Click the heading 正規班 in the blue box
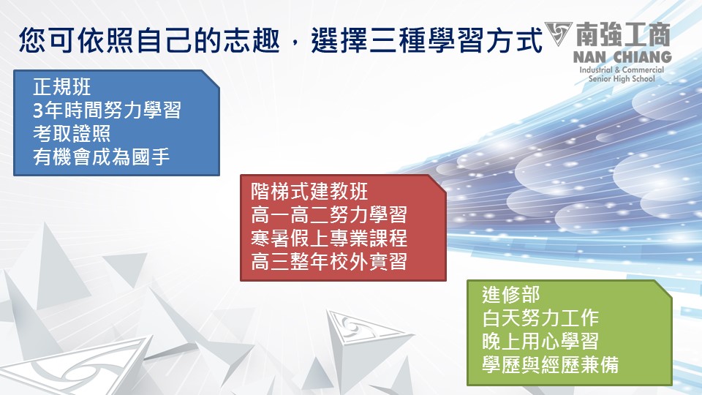point(61,87)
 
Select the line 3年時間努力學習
point(107,110)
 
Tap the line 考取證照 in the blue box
point(72,133)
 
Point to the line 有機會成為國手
point(101,157)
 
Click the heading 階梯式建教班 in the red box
point(309,192)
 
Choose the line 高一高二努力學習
point(329,215)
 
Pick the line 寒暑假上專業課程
point(329,238)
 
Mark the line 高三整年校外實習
point(329,262)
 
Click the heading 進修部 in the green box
point(511,295)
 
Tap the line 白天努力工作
point(540,318)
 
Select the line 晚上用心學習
point(540,342)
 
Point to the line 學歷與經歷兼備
point(550,364)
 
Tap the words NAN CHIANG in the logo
point(622,57)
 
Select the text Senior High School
point(622,79)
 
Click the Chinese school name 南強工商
point(623,34)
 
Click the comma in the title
point(295,45)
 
